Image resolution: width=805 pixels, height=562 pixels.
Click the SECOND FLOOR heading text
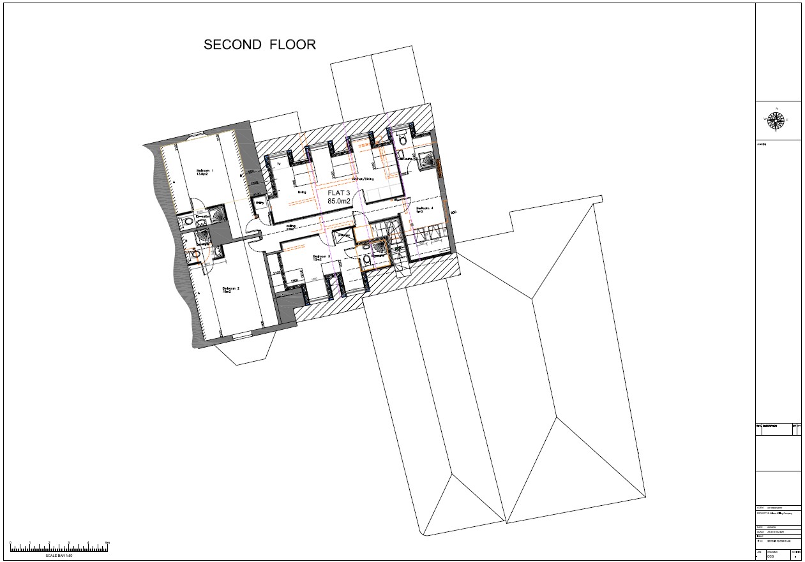(260, 45)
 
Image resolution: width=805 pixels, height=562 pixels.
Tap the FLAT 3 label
(340, 193)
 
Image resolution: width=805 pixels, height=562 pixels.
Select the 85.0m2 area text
(340, 202)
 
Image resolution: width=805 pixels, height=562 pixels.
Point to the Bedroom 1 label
(204, 172)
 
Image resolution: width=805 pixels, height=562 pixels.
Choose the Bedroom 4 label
(425, 209)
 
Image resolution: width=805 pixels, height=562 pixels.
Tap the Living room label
(301, 191)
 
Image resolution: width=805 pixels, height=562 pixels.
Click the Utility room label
(260, 203)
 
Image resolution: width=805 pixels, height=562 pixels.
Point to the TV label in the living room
(278, 165)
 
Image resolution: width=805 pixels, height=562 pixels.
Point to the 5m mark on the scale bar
(108, 543)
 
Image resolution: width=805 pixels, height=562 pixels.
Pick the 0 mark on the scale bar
(11, 543)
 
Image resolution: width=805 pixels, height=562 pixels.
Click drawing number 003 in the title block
(771, 557)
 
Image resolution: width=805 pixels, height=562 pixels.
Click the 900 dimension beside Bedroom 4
(453, 213)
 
